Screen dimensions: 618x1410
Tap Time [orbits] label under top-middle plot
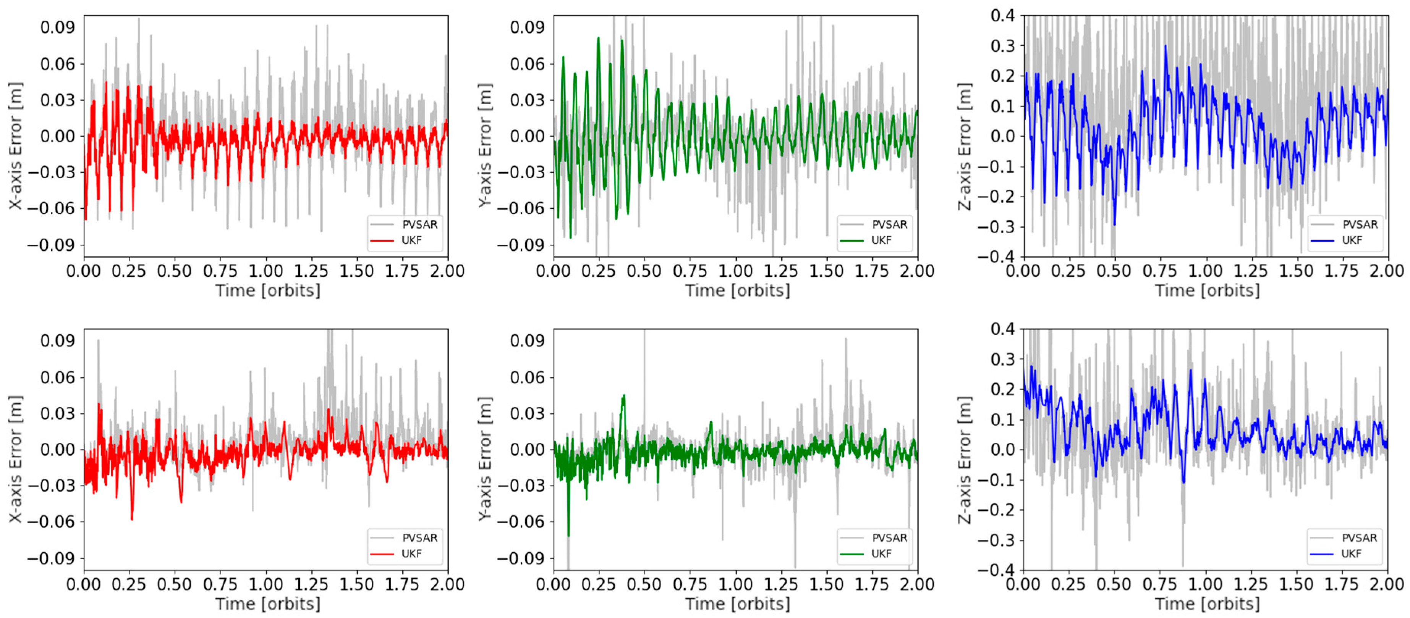pyautogui.click(x=737, y=290)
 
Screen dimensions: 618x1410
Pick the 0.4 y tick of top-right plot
pyautogui.click(x=1003, y=16)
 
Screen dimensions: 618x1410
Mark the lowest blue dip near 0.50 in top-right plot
pyautogui.click(x=1114, y=224)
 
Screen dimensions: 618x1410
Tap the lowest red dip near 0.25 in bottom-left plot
pyautogui.click(x=132, y=519)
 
